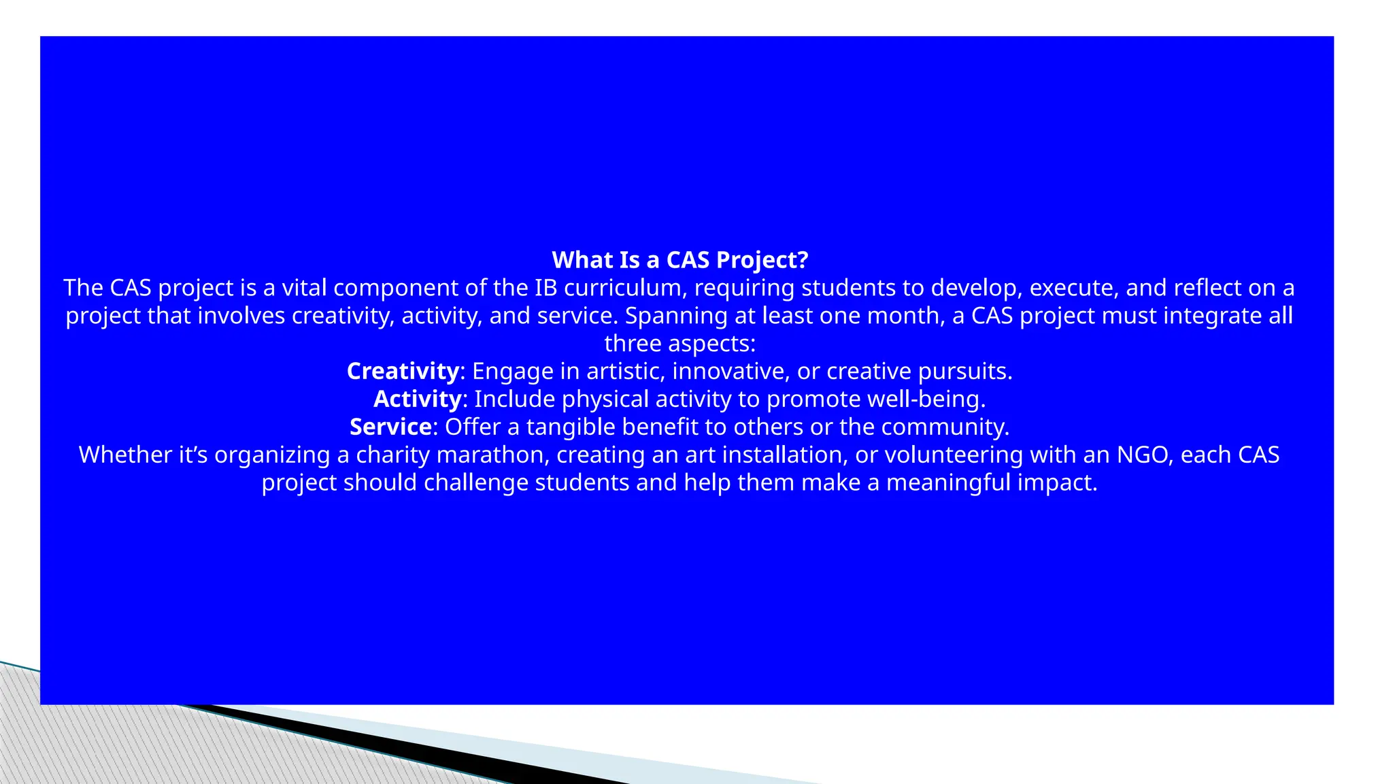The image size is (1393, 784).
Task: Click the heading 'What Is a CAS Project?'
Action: tap(679, 260)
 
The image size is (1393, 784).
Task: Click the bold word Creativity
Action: tap(403, 371)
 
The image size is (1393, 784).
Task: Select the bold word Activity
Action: tap(418, 399)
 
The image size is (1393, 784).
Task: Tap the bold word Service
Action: tap(390, 427)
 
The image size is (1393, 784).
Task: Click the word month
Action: tap(908, 316)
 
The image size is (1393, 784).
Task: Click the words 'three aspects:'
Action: tap(679, 344)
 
